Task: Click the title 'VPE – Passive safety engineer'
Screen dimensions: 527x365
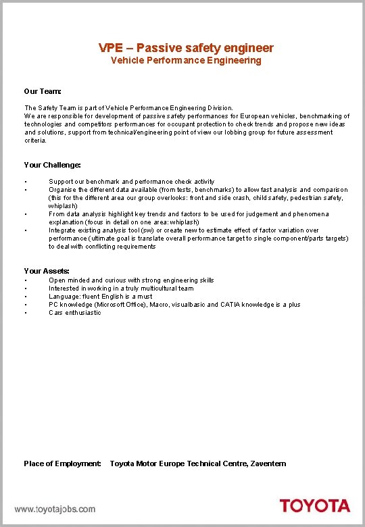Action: click(x=186, y=47)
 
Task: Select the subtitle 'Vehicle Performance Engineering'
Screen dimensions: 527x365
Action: click(x=186, y=61)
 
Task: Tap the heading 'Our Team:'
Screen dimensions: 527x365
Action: click(x=43, y=91)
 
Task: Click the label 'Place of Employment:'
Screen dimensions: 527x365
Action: click(x=62, y=463)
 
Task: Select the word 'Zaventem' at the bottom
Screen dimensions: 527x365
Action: click(x=269, y=463)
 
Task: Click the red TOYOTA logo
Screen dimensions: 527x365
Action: click(x=315, y=506)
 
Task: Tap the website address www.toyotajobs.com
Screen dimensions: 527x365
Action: click(x=55, y=509)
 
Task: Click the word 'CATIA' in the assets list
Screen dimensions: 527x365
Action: click(x=230, y=305)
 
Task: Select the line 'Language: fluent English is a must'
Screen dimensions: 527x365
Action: click(x=101, y=297)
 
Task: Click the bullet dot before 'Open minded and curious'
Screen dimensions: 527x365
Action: click(x=25, y=280)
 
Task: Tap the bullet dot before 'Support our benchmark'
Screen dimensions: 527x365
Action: click(x=25, y=182)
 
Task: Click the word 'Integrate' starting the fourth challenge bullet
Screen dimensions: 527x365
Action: click(x=62, y=230)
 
